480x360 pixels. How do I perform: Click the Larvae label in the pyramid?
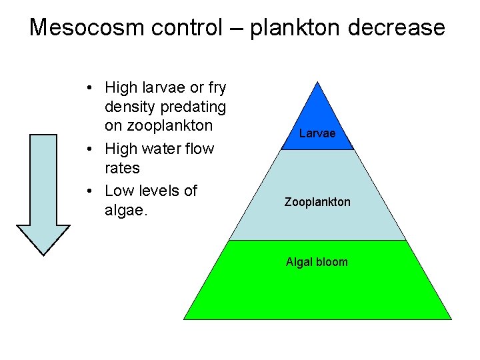click(317, 133)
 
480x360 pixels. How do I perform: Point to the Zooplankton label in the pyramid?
click(317, 201)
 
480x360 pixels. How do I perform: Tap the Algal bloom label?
click(317, 262)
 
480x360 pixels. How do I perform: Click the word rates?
click(123, 167)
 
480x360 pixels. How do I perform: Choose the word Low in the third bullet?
click(119, 191)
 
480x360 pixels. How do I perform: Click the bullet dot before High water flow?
click(89, 149)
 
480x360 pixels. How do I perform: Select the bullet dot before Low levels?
click(89, 191)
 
